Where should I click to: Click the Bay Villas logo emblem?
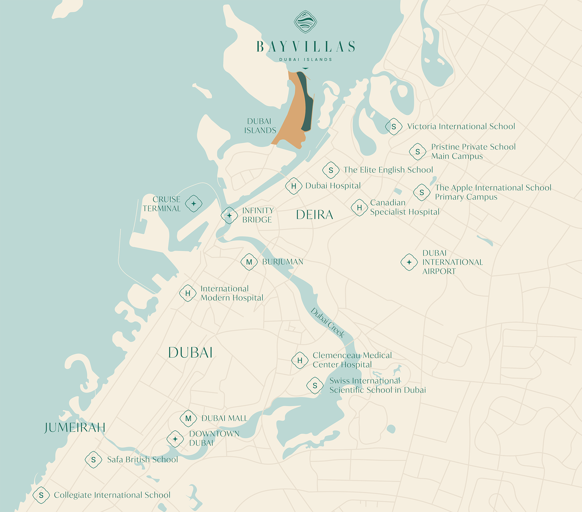coord(305,22)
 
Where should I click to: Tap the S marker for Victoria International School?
coord(394,127)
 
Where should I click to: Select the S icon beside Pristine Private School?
coord(418,151)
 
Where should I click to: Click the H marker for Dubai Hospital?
coord(294,186)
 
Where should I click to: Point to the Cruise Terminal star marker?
coord(194,204)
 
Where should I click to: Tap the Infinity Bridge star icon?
coord(229,215)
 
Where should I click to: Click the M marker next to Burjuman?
coord(249,262)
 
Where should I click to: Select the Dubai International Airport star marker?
coord(409,262)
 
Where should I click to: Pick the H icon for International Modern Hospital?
coord(188,293)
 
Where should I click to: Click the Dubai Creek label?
coord(328,323)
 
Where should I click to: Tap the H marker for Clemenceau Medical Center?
coord(300,360)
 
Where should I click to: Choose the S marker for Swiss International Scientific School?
coord(315,386)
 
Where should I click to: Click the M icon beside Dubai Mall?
coord(188,418)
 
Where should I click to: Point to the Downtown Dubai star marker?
coord(175,439)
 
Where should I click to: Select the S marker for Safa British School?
coord(93,460)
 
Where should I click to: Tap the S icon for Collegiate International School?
coord(41,495)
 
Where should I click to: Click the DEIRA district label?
coord(315,215)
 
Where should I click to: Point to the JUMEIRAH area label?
coord(75,428)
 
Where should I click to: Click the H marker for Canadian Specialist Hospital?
coord(360,208)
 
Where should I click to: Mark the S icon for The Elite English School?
coord(331,170)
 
